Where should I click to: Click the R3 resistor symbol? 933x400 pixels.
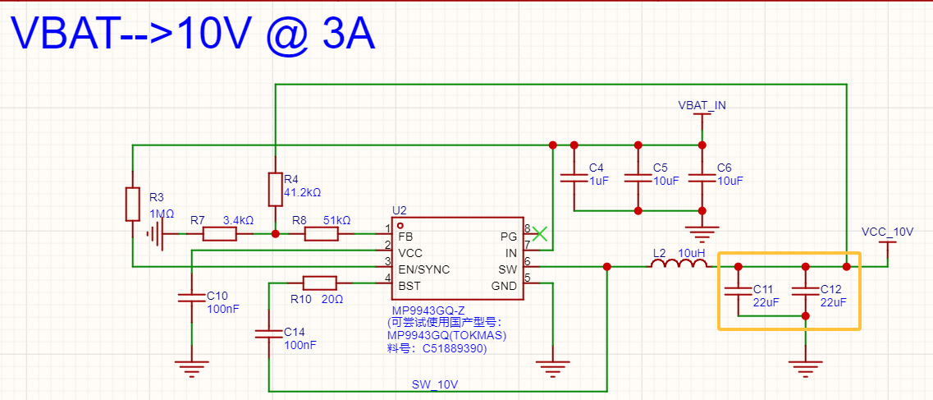132,204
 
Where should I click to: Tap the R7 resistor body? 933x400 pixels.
219,234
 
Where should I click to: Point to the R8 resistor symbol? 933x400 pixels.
321,234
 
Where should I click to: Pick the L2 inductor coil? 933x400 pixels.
679,265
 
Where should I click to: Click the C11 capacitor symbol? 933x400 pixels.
738,288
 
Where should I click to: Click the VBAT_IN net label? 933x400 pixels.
702,105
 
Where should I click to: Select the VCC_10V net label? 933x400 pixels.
888,232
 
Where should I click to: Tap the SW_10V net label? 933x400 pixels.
435,384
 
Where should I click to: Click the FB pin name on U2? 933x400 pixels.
406,236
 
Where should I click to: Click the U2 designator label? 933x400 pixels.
400,210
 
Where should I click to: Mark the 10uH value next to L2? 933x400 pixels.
692,251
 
